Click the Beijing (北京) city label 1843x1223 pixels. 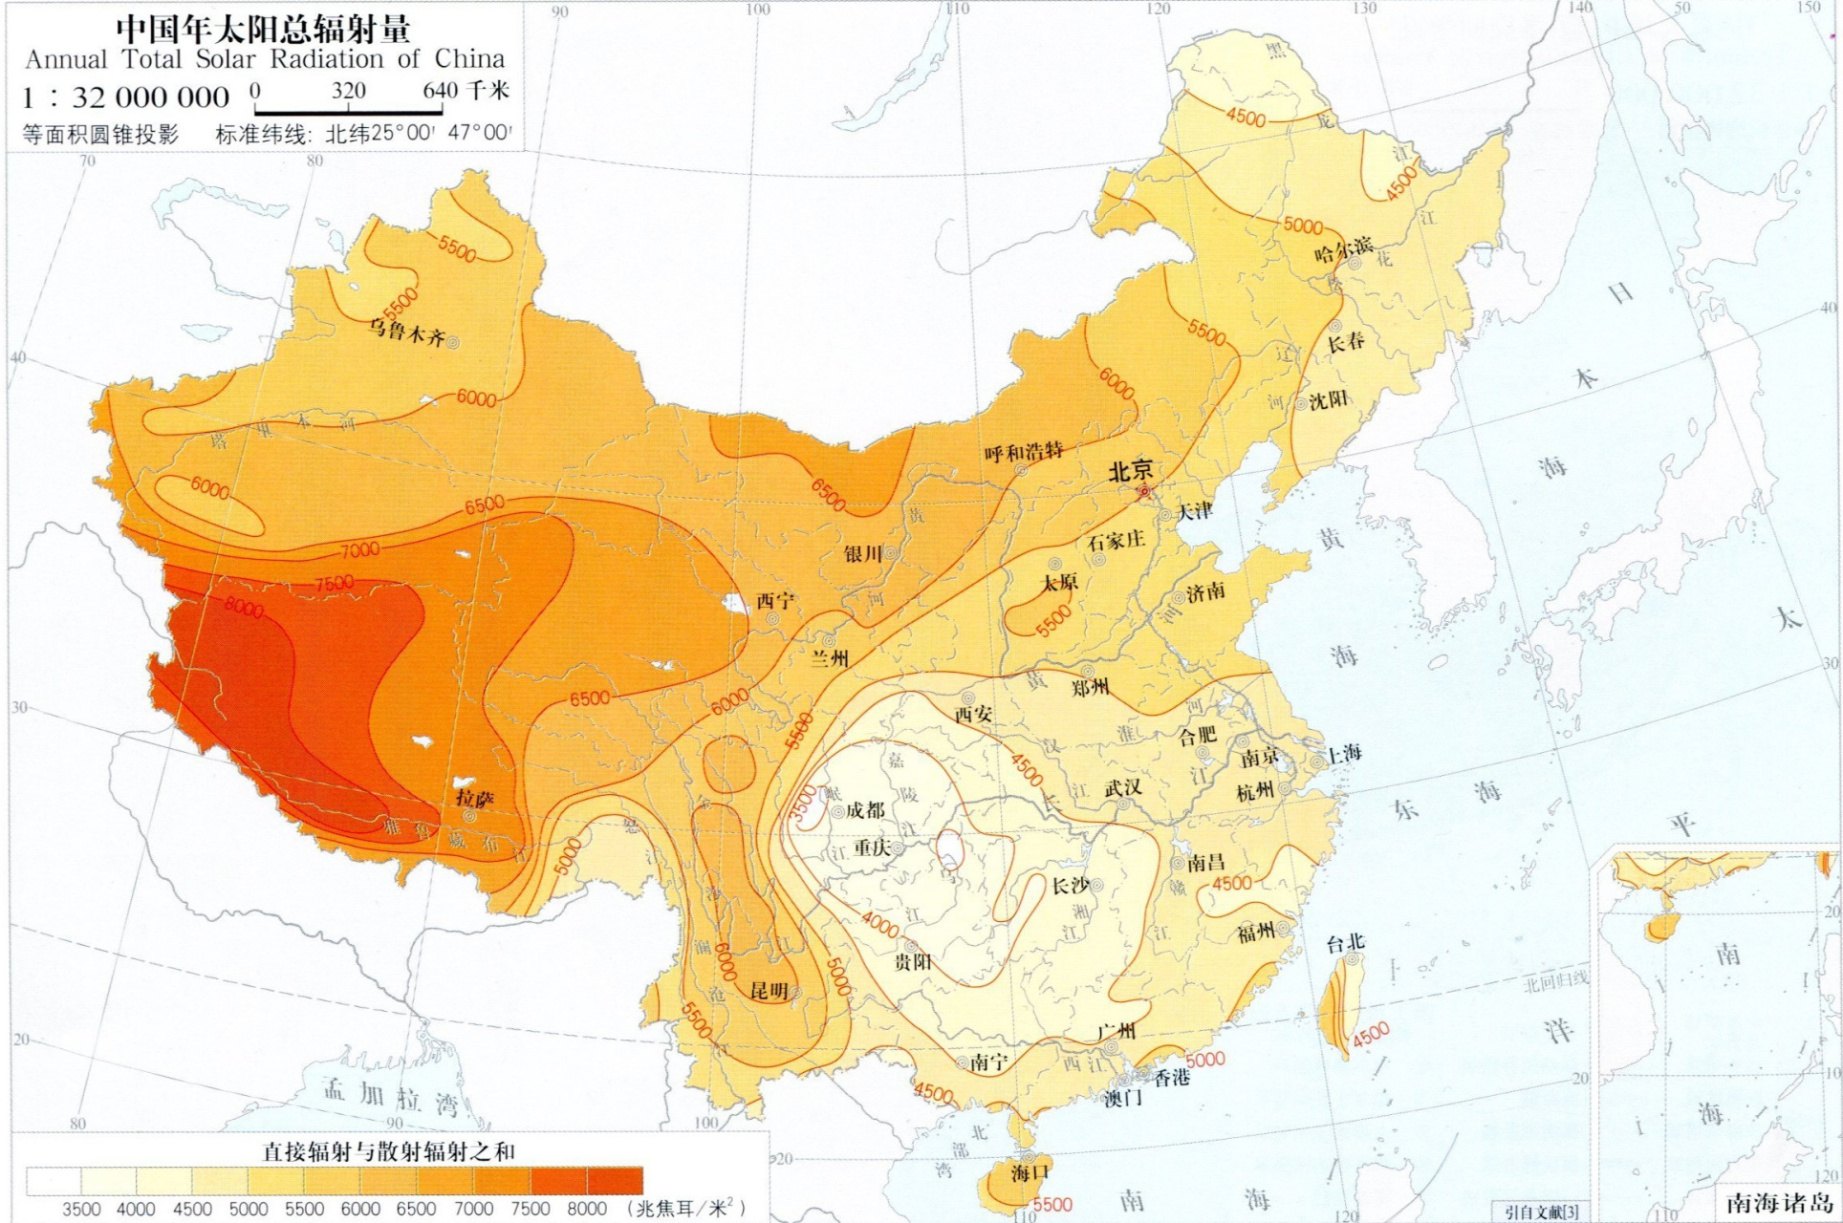coord(1130,471)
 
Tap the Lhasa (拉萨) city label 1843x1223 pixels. coord(475,798)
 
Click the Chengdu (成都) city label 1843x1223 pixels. coord(865,810)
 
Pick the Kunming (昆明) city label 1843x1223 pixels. coord(769,991)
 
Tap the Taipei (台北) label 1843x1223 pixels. coord(1345,943)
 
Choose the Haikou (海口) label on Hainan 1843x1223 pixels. coord(1030,1172)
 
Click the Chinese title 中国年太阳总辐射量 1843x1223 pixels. coord(263,28)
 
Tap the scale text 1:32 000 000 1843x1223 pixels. coord(126,97)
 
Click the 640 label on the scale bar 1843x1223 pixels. coord(440,92)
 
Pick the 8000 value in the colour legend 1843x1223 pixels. coord(587,1209)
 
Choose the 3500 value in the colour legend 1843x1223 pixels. coord(81,1209)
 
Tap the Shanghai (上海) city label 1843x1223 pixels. coord(1343,752)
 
